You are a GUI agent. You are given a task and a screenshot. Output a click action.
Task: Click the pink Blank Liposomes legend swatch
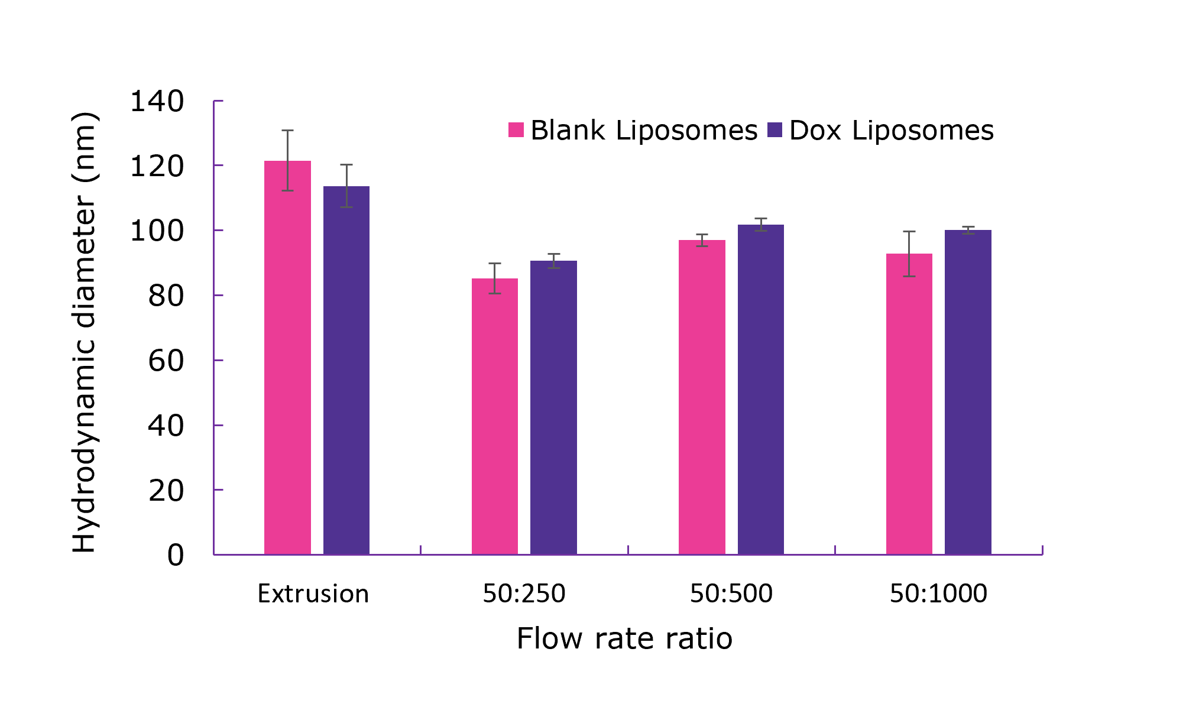(x=516, y=130)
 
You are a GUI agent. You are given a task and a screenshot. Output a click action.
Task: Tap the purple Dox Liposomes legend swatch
(x=775, y=130)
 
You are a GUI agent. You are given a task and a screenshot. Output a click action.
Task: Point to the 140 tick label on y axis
(x=157, y=102)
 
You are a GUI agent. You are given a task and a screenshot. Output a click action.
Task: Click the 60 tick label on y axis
(x=166, y=361)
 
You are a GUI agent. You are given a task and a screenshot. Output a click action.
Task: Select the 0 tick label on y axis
(x=175, y=555)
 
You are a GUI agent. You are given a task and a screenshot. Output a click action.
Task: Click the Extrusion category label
(x=313, y=594)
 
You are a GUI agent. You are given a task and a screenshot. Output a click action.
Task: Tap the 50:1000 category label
(x=938, y=594)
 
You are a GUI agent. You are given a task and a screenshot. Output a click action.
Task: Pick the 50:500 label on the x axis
(x=731, y=594)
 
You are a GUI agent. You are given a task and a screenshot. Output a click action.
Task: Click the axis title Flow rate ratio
(x=624, y=638)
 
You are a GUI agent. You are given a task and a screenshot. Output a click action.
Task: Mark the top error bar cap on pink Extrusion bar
(x=287, y=130)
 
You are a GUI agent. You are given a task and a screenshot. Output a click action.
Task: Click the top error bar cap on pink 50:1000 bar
(x=909, y=232)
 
